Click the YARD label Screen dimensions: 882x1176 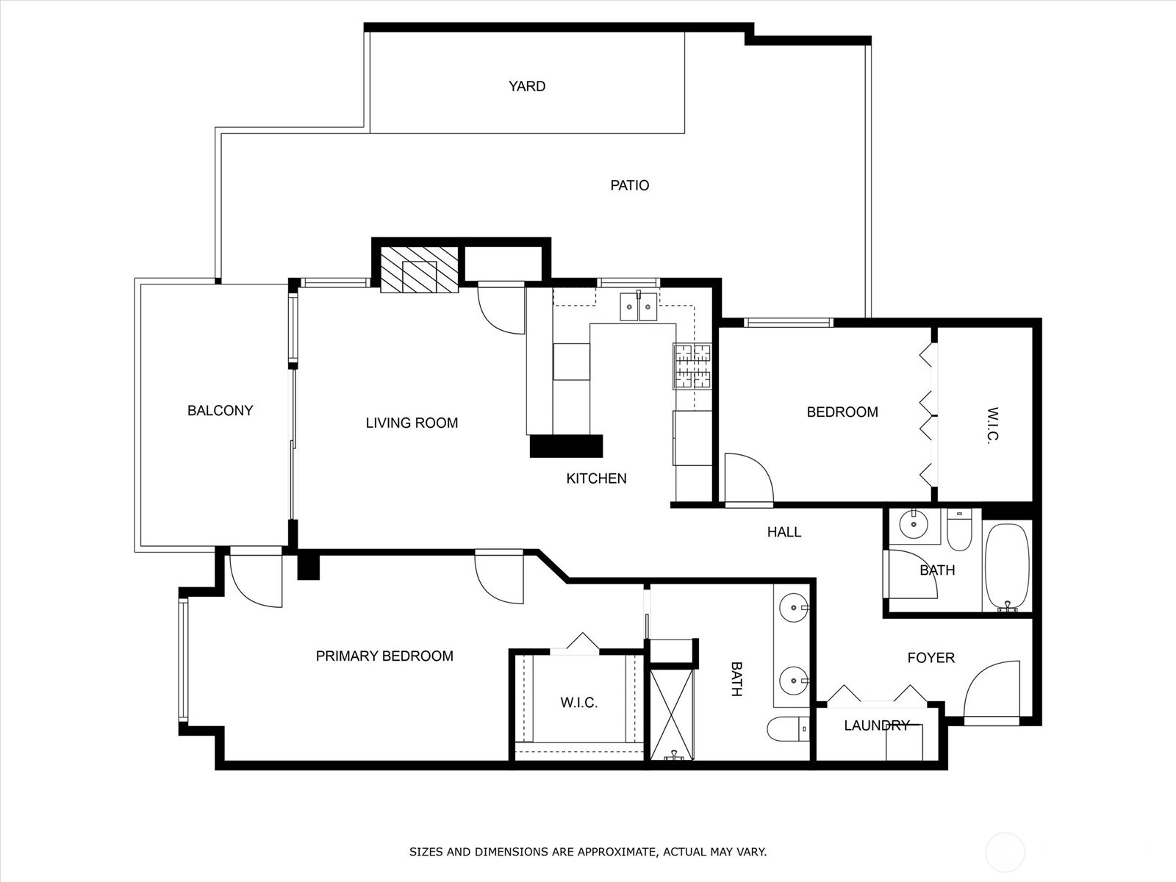tap(527, 86)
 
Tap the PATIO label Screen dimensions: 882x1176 tap(630, 185)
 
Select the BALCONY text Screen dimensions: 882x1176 tap(220, 411)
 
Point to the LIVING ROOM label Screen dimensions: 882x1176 tap(412, 423)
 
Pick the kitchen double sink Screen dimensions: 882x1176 tap(638, 306)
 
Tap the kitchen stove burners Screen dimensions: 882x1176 tap(692, 366)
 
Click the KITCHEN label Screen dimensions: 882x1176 tap(596, 478)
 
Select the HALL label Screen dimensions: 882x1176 tap(784, 532)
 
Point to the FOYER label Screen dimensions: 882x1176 tap(931, 658)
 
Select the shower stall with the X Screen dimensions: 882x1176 tap(672, 713)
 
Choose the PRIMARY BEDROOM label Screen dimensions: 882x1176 tap(384, 656)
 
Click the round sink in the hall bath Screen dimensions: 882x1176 tap(914, 525)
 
